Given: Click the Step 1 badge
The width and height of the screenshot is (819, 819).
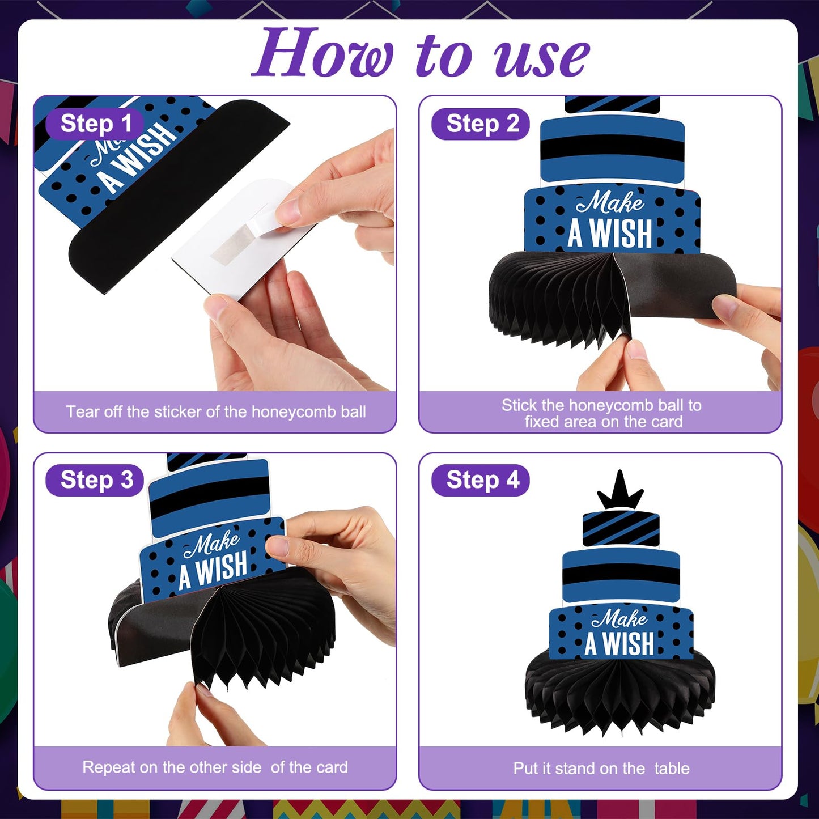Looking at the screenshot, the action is (95, 124).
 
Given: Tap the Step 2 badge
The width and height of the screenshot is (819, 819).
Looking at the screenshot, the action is (480, 124).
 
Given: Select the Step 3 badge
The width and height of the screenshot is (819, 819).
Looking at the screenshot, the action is (95, 480).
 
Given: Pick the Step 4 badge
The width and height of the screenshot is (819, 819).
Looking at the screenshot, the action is (480, 480).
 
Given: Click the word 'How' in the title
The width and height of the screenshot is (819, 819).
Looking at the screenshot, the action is (323, 53).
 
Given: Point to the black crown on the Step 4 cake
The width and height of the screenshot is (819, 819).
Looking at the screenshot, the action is (620, 490).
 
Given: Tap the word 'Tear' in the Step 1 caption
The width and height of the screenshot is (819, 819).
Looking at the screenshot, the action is (83, 411).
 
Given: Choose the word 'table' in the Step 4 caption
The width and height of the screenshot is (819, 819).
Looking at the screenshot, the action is (672, 769).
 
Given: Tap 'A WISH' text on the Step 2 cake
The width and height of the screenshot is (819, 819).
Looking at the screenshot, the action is (610, 233).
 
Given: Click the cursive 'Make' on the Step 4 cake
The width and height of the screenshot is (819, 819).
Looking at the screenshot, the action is (619, 618).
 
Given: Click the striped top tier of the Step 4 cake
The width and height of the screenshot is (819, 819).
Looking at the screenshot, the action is (621, 529).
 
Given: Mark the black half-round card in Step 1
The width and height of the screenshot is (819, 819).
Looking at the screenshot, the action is (179, 196).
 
